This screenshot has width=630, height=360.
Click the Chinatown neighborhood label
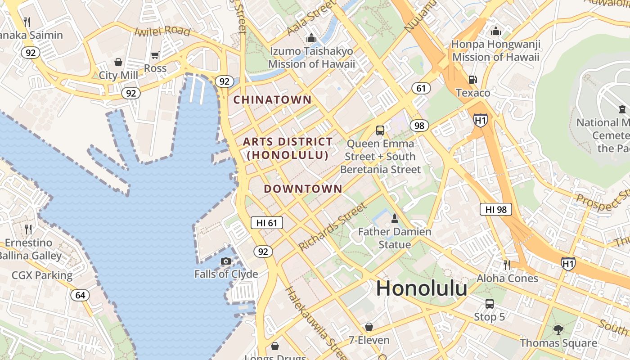tap(272, 99)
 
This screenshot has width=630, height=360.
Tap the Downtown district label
tap(303, 189)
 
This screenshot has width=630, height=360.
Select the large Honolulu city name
tap(422, 288)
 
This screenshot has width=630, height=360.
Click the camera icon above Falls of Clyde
tap(226, 261)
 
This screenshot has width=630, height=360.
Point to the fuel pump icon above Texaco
tap(472, 80)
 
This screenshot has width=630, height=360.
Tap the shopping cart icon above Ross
tap(155, 55)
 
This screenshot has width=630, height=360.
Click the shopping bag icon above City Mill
tap(118, 62)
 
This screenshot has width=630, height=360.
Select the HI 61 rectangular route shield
tap(267, 222)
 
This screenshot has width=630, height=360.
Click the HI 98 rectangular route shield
tap(495, 209)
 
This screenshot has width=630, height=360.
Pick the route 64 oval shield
tap(80, 295)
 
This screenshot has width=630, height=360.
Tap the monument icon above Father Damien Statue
tap(395, 219)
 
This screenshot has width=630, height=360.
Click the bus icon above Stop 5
tap(489, 304)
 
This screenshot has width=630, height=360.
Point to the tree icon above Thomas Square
tap(558, 330)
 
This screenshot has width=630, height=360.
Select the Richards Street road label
tap(333, 227)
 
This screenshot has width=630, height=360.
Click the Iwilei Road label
tap(162, 31)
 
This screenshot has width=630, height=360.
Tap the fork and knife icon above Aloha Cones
tap(507, 265)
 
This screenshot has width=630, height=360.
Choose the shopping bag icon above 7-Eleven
tap(369, 327)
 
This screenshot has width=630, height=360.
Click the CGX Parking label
tap(42, 275)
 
